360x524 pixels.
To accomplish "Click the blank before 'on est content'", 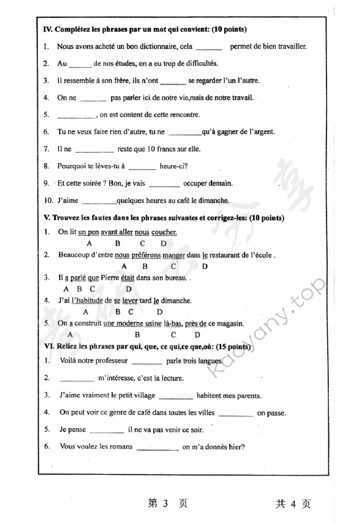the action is [76, 115].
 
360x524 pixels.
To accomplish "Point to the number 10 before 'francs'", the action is [139, 149].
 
